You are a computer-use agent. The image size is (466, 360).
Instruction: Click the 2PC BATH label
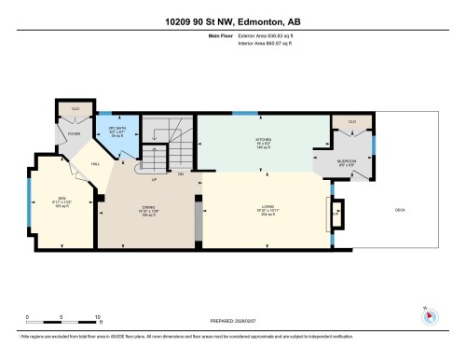point(116,128)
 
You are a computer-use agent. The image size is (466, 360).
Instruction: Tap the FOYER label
point(75,134)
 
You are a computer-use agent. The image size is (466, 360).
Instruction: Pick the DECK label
point(400,210)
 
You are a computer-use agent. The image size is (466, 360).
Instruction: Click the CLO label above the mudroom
point(351,121)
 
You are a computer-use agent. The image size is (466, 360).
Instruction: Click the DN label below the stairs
point(181,173)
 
